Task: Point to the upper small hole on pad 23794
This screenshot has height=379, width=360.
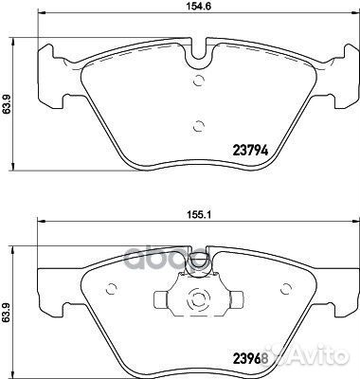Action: coord(197,81)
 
